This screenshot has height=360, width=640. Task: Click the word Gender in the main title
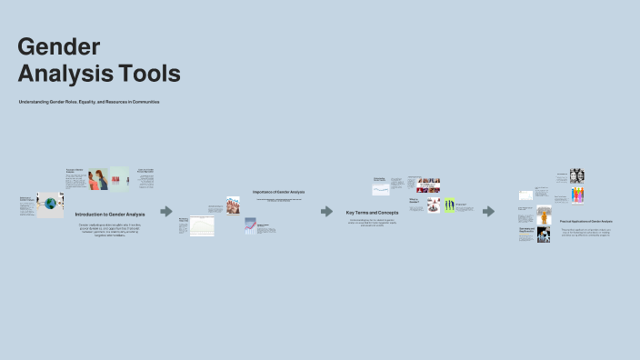(58, 46)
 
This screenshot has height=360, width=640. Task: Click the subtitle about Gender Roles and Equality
(89, 102)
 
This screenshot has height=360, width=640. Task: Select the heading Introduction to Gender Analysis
(108, 214)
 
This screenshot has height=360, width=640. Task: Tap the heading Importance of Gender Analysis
(279, 192)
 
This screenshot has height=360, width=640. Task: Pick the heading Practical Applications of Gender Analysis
(585, 222)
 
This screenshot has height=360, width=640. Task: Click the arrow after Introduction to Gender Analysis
(166, 211)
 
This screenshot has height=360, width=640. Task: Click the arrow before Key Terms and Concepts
(326, 211)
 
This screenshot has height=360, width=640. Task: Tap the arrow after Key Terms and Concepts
(488, 211)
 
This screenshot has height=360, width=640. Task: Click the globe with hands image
(50, 205)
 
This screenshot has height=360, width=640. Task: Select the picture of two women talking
(98, 179)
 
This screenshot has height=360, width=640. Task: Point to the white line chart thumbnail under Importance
(202, 225)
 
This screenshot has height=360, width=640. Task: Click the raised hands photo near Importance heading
(233, 205)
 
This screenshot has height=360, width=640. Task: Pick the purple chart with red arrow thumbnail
(250, 225)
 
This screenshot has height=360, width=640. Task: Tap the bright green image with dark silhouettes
(448, 205)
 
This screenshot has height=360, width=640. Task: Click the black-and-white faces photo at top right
(576, 175)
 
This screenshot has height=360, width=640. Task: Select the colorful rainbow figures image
(576, 195)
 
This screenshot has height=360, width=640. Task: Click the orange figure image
(544, 215)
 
